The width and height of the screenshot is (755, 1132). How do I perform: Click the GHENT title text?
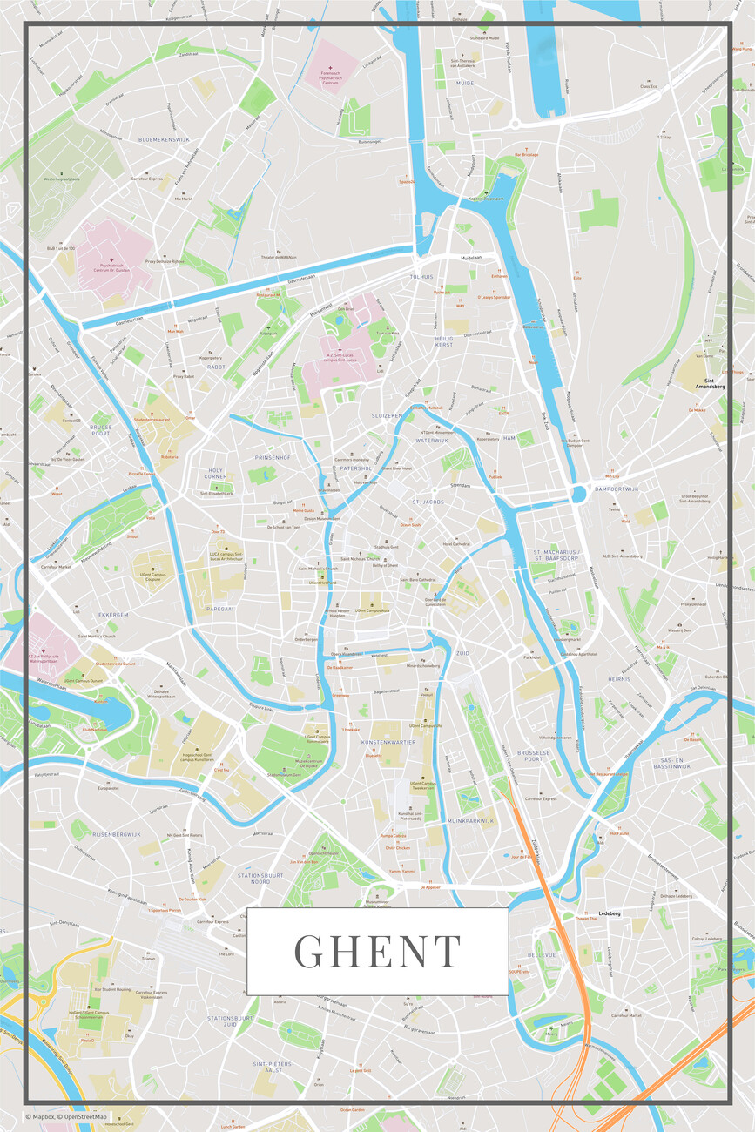click(x=377, y=951)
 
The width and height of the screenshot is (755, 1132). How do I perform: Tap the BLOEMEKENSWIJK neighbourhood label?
click(x=164, y=139)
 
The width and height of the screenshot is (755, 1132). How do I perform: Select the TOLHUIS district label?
click(x=421, y=276)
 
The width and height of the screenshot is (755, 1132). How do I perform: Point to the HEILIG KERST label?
click(x=444, y=340)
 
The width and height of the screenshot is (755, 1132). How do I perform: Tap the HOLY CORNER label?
click(x=215, y=473)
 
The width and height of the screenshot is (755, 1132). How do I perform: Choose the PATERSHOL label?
click(x=356, y=468)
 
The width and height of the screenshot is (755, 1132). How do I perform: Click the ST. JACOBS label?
click(x=428, y=502)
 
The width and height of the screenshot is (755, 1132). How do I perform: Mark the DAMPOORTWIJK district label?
click(x=617, y=489)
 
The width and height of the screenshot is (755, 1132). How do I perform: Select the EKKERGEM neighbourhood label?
click(x=113, y=615)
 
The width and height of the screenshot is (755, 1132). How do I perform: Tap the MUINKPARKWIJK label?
click(x=470, y=820)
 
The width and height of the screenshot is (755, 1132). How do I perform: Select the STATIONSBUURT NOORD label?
click(x=261, y=879)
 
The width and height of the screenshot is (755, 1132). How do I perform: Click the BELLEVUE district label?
click(x=541, y=955)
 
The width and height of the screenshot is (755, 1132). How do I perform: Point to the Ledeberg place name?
click(x=610, y=913)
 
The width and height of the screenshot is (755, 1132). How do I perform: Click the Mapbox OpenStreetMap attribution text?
click(x=66, y=1116)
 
